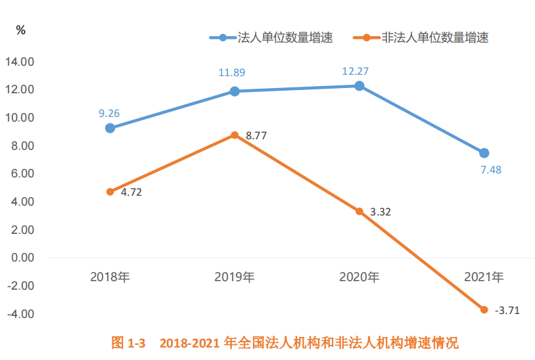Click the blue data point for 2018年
click(x=110, y=128)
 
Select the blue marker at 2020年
click(x=360, y=86)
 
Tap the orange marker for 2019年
click(x=235, y=135)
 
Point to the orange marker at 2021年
click(x=484, y=309)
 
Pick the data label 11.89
click(x=234, y=74)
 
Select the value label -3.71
click(x=507, y=311)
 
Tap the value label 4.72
click(x=131, y=193)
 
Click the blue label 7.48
click(x=490, y=170)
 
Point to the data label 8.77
click(x=256, y=136)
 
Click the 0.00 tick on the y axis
click(x=22, y=258)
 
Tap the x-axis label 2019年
click(x=235, y=277)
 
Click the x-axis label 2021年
click(x=484, y=277)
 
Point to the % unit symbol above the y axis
click(x=21, y=30)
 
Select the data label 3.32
click(x=381, y=212)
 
